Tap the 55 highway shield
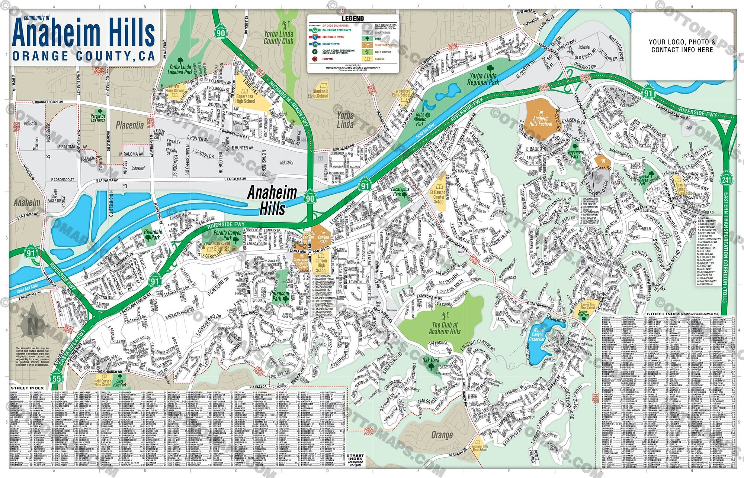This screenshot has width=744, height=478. (57, 378)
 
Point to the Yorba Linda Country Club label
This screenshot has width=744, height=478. (279, 37)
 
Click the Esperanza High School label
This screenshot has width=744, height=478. (245, 98)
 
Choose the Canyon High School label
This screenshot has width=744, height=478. (321, 265)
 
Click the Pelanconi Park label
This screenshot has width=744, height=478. (279, 296)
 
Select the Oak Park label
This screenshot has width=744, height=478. (431, 360)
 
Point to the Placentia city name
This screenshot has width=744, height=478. (129, 125)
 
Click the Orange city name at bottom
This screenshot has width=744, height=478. (442, 435)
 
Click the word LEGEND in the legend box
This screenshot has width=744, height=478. (352, 19)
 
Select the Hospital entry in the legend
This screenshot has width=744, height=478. (328, 59)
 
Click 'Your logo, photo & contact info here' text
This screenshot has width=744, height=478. (682, 46)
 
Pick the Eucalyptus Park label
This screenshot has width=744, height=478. (400, 191)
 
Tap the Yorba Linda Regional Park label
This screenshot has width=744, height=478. (482, 79)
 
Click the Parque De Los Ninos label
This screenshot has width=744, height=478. (98, 118)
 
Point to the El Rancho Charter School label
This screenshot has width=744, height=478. (439, 197)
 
